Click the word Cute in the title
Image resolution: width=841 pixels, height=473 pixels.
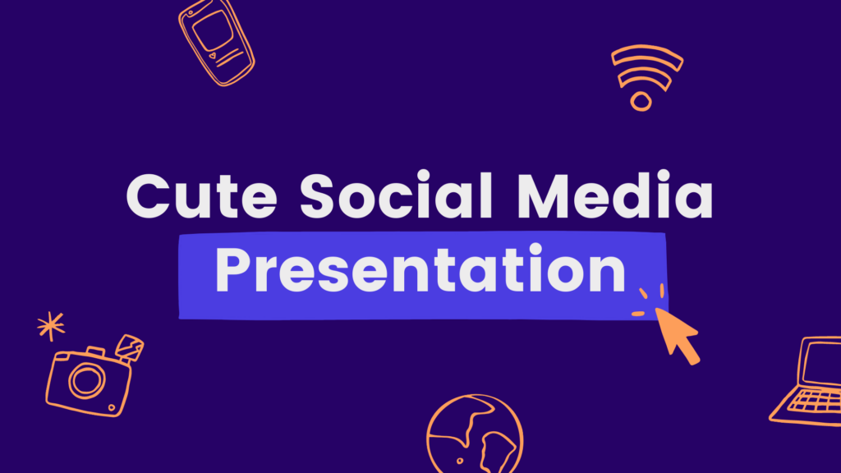coord(202,195)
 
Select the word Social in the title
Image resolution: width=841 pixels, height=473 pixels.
coord(396,194)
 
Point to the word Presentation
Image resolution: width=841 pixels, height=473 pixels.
coord(420,269)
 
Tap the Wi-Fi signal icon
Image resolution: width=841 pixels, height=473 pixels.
coord(646,77)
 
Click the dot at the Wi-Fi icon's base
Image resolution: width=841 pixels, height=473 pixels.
coord(641,101)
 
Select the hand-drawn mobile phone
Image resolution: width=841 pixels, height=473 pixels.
coord(216,43)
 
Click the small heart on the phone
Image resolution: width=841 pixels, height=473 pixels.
coord(213,55)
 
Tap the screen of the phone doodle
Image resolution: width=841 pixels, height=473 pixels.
coord(213,30)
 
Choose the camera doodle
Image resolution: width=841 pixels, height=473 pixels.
coord(94,376)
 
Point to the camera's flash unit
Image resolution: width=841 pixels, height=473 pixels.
coord(129,347)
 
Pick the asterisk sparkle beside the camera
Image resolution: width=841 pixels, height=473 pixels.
coord(51,325)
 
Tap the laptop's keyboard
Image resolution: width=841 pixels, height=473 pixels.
coord(816,401)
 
